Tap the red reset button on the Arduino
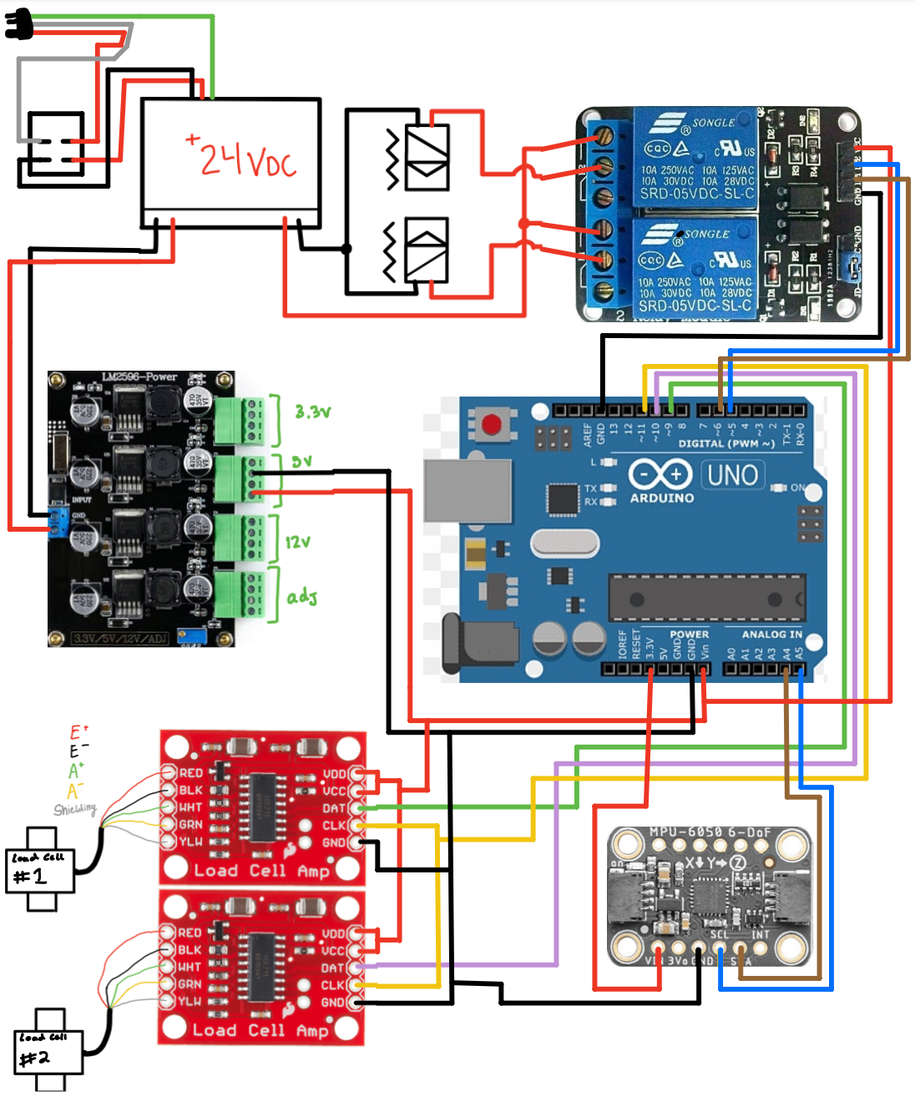[492, 425]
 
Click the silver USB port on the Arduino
[468, 491]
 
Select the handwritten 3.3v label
[313, 412]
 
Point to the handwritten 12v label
[298, 542]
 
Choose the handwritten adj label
[302, 597]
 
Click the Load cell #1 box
[40, 871]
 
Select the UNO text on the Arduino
[732, 475]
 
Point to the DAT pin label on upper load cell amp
[333, 808]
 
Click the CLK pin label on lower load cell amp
[333, 985]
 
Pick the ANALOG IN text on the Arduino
[771, 634]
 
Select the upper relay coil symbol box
[427, 158]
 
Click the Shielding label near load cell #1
[75, 809]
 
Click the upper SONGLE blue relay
[695, 159]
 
